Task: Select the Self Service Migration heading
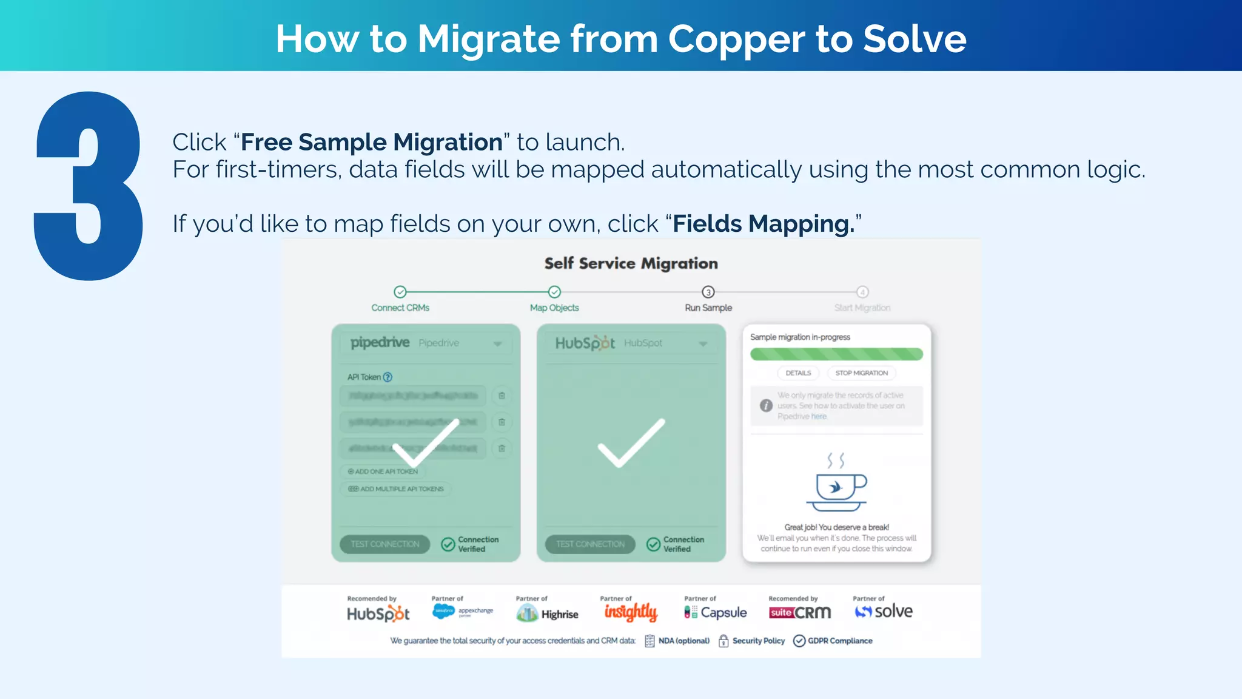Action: (x=631, y=263)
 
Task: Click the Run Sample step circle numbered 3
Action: (x=708, y=292)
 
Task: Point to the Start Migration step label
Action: (x=862, y=308)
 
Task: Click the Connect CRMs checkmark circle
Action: (x=400, y=292)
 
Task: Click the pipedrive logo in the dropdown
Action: (x=380, y=343)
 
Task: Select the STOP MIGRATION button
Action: (x=861, y=373)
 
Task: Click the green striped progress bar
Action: (x=836, y=354)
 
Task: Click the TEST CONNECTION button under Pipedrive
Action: (x=384, y=544)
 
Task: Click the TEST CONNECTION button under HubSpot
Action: (x=590, y=544)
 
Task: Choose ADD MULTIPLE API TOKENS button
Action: (x=397, y=489)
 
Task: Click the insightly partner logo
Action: (x=631, y=612)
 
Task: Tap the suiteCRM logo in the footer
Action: (x=799, y=613)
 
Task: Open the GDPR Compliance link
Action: (x=839, y=641)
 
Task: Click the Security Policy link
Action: (x=757, y=641)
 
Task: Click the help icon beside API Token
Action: (x=388, y=377)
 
